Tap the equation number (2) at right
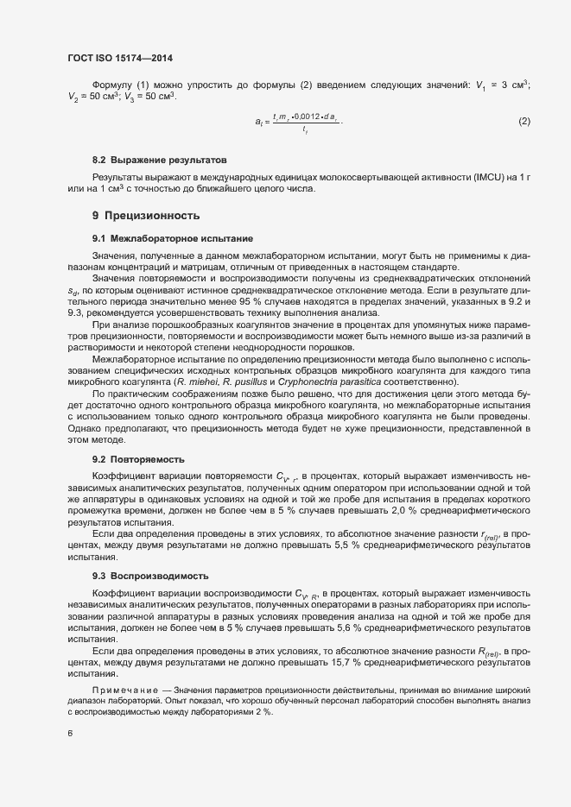click(523, 122)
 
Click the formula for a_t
click(299, 123)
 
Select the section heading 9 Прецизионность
click(146, 215)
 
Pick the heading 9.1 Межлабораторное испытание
click(173, 237)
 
